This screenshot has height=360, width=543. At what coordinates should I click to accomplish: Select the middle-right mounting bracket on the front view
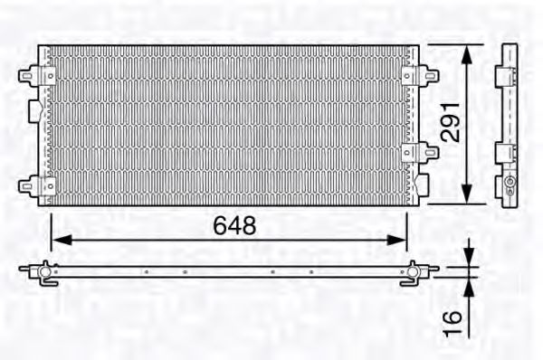[x=413, y=153]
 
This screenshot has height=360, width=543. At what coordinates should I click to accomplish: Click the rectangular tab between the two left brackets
[x=33, y=112]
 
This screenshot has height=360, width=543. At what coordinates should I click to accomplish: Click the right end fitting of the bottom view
[x=414, y=270]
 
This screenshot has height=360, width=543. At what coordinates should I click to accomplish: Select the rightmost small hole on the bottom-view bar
[x=311, y=270]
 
